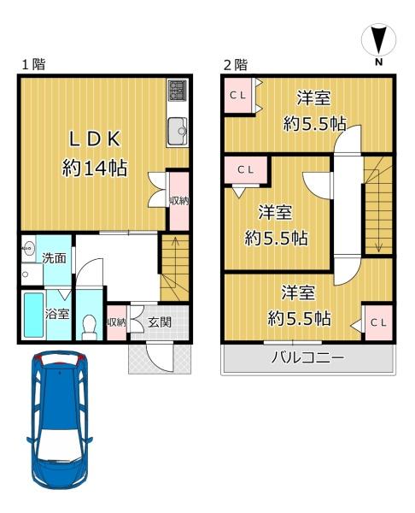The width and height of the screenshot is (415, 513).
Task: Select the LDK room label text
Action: click(94, 139)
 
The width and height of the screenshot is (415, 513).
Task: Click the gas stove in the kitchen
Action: click(178, 91)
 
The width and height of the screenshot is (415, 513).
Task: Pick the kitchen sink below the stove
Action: click(178, 129)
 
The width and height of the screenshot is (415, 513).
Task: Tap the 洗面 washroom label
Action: click(55, 257)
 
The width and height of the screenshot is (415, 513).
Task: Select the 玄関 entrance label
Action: click(159, 322)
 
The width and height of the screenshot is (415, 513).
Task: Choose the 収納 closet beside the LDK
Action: click(178, 202)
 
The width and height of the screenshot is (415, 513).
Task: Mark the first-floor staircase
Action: click(174, 265)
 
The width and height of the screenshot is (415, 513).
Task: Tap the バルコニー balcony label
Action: click(307, 358)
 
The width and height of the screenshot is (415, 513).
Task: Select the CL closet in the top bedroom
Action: click(238, 95)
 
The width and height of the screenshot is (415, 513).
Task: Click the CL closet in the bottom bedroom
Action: click(378, 322)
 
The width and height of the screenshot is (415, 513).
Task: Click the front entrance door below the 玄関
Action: click(160, 357)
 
